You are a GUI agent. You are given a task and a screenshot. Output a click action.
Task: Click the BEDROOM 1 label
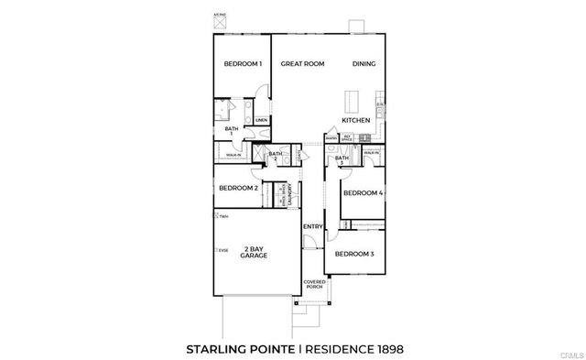[244, 64]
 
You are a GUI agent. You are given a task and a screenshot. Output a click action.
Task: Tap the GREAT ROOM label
[302, 64]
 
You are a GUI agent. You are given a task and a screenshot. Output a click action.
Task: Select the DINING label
[365, 64]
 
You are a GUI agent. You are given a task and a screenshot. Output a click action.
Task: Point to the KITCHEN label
[355, 120]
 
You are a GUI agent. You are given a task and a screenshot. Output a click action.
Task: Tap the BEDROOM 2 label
[237, 188]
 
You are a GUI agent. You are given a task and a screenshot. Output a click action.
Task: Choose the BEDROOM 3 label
[353, 253]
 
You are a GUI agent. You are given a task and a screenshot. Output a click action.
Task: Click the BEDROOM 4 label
[361, 193]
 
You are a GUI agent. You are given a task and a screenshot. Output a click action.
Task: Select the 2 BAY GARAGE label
[254, 252]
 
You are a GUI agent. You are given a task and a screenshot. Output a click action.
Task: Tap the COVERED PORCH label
[315, 284]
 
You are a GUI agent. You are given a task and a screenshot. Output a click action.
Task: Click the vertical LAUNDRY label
[288, 194]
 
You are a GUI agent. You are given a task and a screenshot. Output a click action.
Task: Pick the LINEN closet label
[261, 120]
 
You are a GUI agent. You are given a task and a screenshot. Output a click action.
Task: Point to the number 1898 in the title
[385, 348]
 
